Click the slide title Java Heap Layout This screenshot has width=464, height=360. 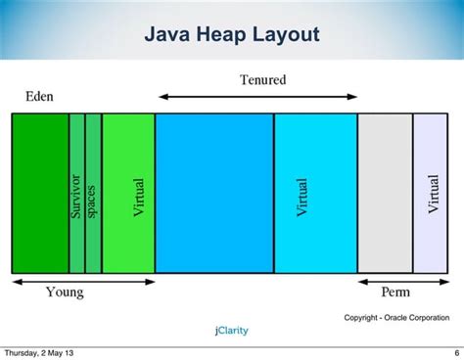(x=232, y=36)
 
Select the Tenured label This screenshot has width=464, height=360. (x=262, y=80)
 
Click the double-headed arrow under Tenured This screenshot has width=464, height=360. (x=258, y=97)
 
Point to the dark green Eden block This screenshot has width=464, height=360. (x=40, y=193)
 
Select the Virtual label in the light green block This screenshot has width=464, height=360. (x=138, y=198)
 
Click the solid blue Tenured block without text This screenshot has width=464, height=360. (x=214, y=193)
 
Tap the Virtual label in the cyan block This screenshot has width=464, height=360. (x=302, y=198)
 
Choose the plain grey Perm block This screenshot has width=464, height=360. (x=385, y=193)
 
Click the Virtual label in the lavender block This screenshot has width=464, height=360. (x=434, y=194)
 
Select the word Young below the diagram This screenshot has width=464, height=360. (x=65, y=292)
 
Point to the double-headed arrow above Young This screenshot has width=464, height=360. (x=83, y=282)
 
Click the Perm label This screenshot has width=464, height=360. (x=395, y=292)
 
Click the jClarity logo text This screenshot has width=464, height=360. (x=231, y=331)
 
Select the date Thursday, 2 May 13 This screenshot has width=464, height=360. (x=36, y=352)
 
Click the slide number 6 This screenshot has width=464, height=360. (x=456, y=352)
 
